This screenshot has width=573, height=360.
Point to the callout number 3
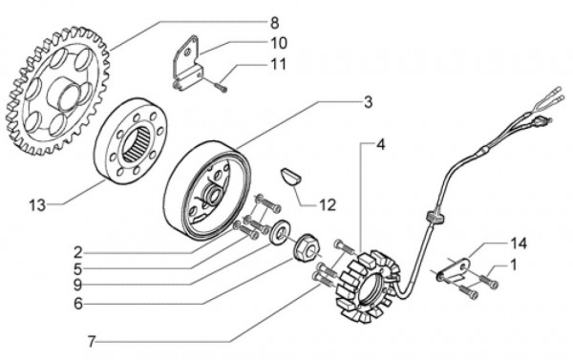367,102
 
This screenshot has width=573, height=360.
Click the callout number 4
380,146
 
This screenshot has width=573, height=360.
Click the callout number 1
514,264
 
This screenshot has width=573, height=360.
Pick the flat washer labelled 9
283,231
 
